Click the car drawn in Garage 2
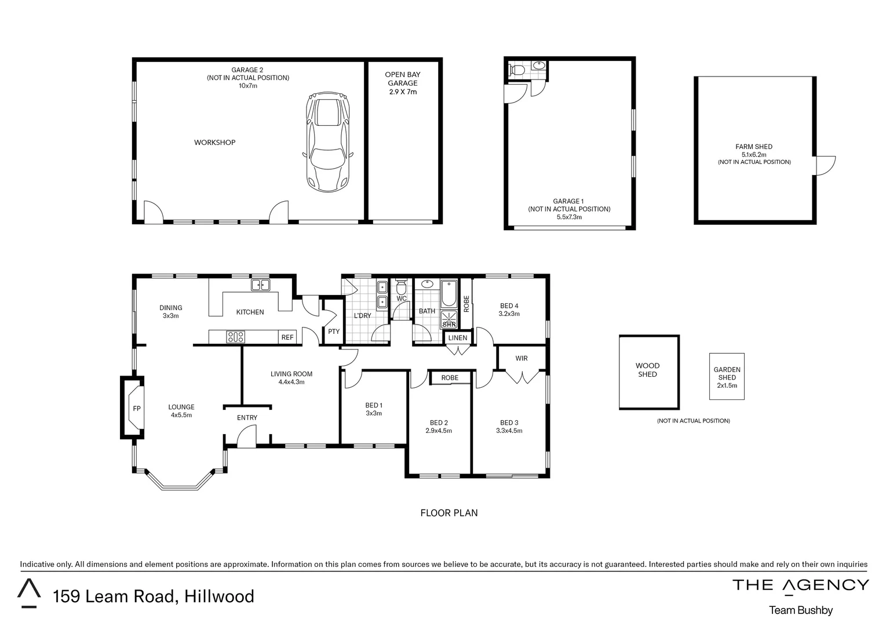click(x=328, y=142)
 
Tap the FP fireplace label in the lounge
click(x=137, y=408)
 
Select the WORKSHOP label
click(x=214, y=143)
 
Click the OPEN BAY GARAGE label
click(x=403, y=83)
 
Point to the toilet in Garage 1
click(x=516, y=70)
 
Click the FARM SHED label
click(x=754, y=147)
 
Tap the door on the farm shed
click(x=825, y=165)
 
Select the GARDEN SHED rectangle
click(x=727, y=376)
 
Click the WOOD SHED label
click(x=647, y=370)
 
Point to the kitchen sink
click(x=260, y=285)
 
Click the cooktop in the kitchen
click(x=235, y=337)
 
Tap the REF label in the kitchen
click(x=287, y=337)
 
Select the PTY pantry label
click(x=334, y=332)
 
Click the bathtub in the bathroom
click(x=449, y=294)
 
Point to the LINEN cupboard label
click(x=458, y=338)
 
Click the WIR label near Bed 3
click(x=522, y=358)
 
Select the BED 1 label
click(x=373, y=405)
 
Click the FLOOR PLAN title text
click(x=449, y=513)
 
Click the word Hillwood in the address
click(x=219, y=596)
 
